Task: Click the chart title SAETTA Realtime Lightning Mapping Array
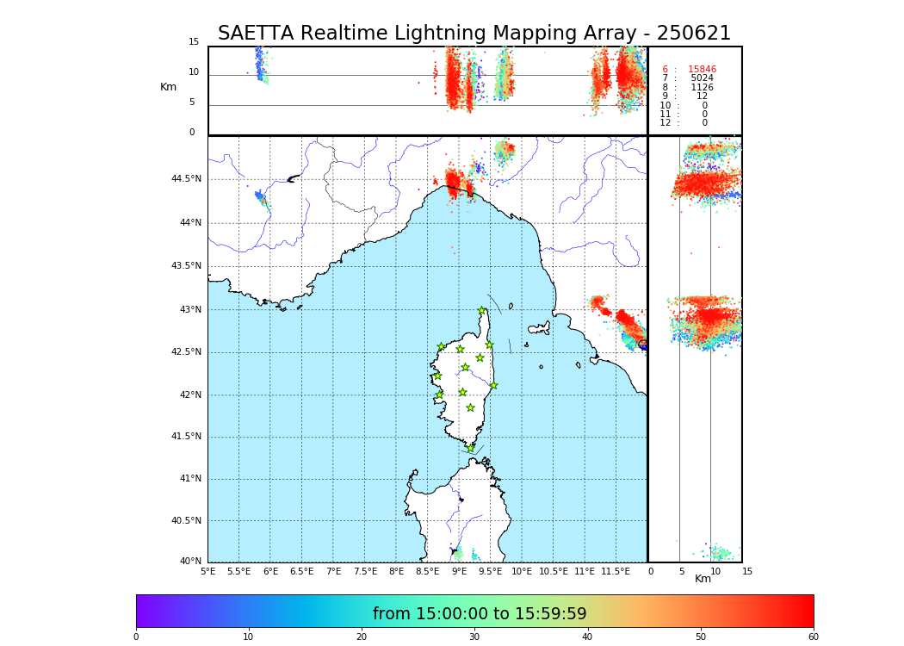coord(474,34)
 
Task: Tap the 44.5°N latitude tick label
coord(186,179)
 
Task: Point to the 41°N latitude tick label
coord(189,479)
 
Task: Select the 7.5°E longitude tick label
coord(365,571)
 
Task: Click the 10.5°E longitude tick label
coord(554,571)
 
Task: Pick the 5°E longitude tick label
coord(207,571)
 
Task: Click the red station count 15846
coord(702,70)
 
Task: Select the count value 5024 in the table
coord(702,78)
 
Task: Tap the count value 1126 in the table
coord(702,88)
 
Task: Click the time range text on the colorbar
coord(480,614)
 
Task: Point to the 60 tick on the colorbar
coord(813,637)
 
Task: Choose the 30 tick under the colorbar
coord(474,637)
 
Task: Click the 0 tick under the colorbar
coord(136,637)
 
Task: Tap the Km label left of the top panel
coord(168,87)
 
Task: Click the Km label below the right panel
coord(703,579)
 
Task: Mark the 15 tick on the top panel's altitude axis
coord(194,42)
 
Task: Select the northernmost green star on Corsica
coord(482,311)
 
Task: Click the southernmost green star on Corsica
coord(470,448)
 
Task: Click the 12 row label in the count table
coord(665,123)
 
